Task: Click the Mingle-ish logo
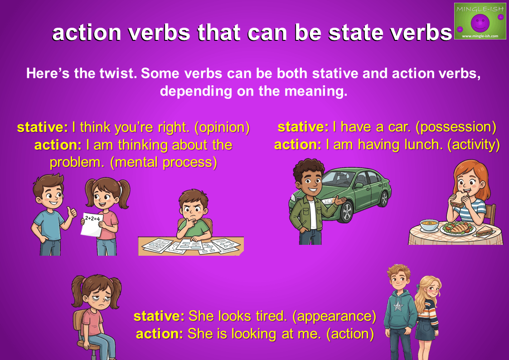[x=480, y=21]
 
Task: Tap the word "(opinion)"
[x=222, y=127]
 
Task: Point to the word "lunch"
[x=423, y=145]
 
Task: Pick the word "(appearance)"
[x=334, y=316]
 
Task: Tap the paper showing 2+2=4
[x=92, y=224]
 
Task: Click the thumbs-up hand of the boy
[x=72, y=213]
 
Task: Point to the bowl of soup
[x=430, y=225]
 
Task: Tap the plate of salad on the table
[x=458, y=228]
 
